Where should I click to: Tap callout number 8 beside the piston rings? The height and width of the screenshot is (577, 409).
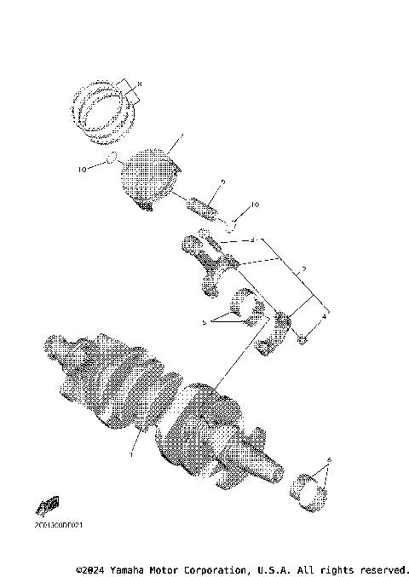[x=139, y=83]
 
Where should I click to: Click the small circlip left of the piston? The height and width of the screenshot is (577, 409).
[x=112, y=157]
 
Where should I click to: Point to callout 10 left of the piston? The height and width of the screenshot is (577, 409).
[x=83, y=170]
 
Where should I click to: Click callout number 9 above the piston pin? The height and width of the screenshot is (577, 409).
[x=222, y=182]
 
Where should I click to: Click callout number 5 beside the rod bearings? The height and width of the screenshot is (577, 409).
[x=204, y=323]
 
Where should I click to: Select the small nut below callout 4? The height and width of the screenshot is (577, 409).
[x=301, y=341]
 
